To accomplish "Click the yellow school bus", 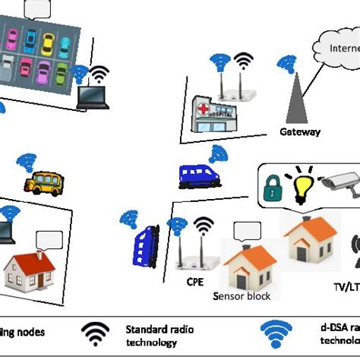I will click(x=44, y=182).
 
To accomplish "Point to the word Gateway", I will click(x=300, y=131).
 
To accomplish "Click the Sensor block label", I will click(x=242, y=295).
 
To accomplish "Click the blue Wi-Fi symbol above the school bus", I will click(x=27, y=162).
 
